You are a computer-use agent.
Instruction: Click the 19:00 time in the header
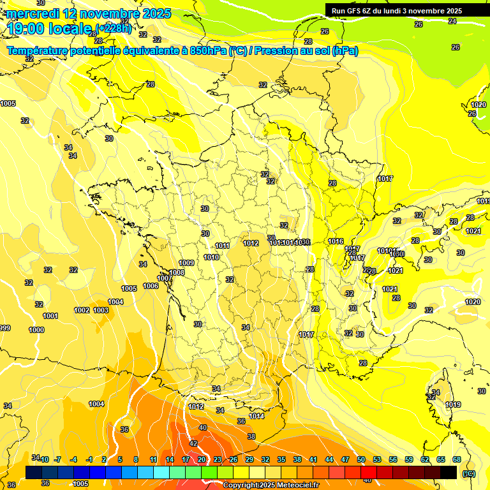pos(26,29)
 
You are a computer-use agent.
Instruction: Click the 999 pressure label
pos(4,328)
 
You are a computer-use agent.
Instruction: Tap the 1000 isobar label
pos(36,330)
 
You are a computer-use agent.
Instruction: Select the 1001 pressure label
pos(50,316)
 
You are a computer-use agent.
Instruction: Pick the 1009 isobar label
pos(186,263)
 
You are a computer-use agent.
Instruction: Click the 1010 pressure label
pos(211,257)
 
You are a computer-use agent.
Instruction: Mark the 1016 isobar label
pos(336,241)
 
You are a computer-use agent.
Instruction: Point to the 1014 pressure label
pos(256,416)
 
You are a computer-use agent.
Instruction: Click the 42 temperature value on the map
pos(193,443)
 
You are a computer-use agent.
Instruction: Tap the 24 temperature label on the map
pos(452,21)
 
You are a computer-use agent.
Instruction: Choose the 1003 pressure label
pos(100,310)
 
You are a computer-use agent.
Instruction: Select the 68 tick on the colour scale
pos(457,459)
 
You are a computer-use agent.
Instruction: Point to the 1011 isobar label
pos(222,246)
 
